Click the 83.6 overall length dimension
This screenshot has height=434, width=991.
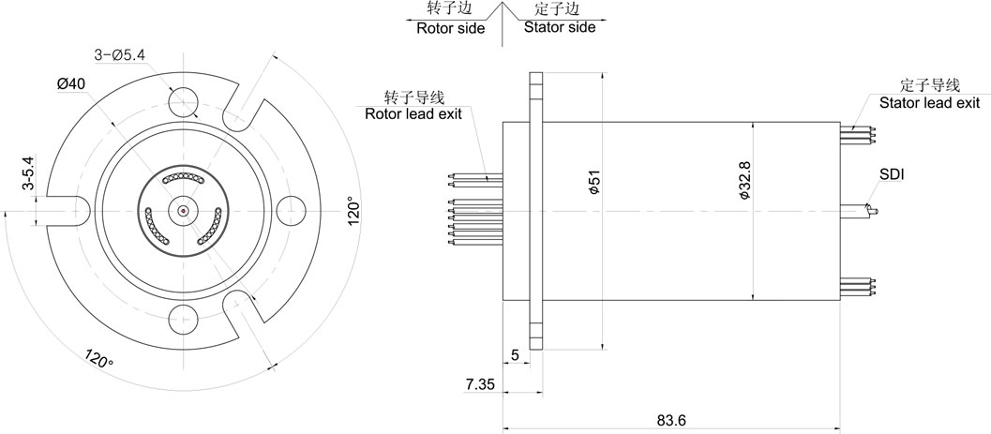pyautogui.click(x=671, y=420)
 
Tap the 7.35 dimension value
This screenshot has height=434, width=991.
pyautogui.click(x=480, y=384)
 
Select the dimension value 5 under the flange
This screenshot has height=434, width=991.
pyautogui.click(x=515, y=355)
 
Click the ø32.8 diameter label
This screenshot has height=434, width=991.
pyautogui.click(x=744, y=181)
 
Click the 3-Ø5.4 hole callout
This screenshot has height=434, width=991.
pyautogui.click(x=119, y=55)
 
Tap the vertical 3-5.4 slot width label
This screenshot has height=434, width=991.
pyautogui.click(x=28, y=173)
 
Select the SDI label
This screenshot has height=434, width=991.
pyautogui.click(x=891, y=175)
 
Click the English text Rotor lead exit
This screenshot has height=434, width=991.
pyautogui.click(x=413, y=113)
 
